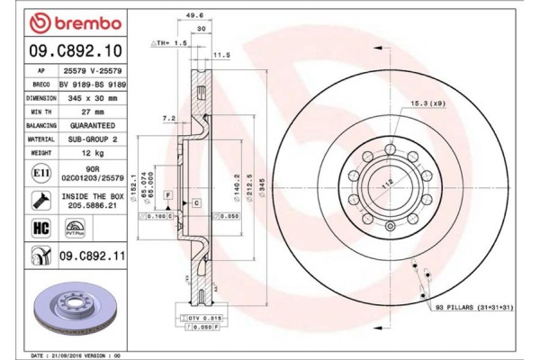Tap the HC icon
(40, 228)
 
